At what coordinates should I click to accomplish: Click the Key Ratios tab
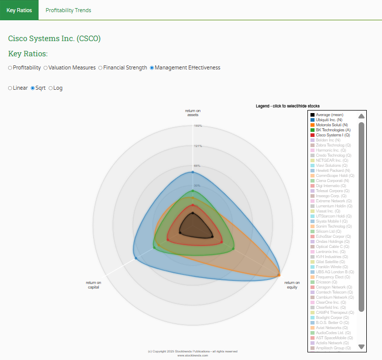[x=19, y=10]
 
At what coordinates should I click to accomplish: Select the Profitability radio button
[x=10, y=67]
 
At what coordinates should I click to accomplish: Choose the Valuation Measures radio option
[x=46, y=67]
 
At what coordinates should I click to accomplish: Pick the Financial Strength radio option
[x=100, y=67]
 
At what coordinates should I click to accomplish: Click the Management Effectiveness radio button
[x=152, y=67]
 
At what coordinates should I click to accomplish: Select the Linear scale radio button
[x=10, y=88]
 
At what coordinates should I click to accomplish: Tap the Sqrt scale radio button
[x=33, y=88]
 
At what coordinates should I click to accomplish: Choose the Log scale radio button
[x=51, y=88]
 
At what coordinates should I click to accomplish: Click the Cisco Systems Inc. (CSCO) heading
[x=54, y=38]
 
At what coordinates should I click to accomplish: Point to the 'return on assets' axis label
[x=193, y=113]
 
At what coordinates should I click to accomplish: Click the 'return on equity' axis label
[x=292, y=284]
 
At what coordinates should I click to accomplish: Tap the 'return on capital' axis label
[x=93, y=284]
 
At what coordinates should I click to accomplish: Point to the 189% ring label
[x=198, y=126]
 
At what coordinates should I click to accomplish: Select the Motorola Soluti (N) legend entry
[x=331, y=125]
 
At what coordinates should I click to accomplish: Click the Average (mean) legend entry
[x=329, y=115]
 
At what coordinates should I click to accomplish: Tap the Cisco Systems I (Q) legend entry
[x=332, y=135]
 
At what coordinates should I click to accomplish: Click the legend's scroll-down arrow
[x=361, y=347]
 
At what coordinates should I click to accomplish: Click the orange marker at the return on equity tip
[x=279, y=275]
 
